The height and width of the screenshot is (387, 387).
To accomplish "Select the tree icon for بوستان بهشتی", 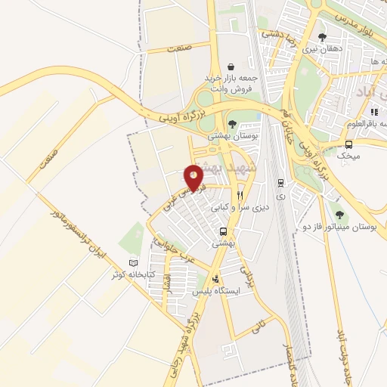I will click(232, 123).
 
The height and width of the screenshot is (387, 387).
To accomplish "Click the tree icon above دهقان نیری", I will click(323, 37).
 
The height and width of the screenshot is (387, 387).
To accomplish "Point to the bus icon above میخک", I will click(348, 144).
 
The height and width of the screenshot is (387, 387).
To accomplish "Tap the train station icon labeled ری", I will click(281, 182).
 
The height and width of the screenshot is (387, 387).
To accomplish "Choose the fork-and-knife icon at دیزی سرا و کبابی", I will click(240, 193).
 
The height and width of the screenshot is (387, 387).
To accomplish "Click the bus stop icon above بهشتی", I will click(222, 231).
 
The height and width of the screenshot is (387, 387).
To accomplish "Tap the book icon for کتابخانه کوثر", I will click(134, 262).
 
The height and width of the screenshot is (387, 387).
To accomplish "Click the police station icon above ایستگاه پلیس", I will click(217, 277).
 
